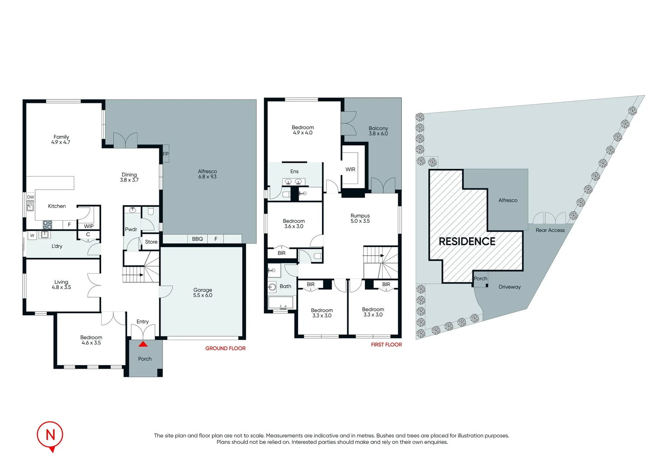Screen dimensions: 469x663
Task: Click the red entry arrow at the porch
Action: [143, 344]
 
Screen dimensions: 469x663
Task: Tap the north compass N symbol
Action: [50, 435]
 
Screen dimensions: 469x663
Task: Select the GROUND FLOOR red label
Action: [225, 348]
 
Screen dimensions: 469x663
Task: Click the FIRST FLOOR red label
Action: [386, 344]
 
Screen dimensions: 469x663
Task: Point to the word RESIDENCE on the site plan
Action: [467, 241]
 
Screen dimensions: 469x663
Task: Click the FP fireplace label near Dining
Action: [166, 154]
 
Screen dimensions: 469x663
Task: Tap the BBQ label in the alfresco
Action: [197, 239]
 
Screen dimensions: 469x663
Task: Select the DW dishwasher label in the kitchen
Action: [30, 197]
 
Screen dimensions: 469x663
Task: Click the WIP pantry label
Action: [89, 226]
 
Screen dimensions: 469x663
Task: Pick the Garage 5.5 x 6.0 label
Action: [203, 293]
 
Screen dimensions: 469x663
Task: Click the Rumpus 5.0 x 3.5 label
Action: [360, 218]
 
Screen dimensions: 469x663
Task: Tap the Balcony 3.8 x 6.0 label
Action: [378, 131]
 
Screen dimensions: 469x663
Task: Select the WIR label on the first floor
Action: [350, 169]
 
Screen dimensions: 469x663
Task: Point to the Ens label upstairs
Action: [294, 172]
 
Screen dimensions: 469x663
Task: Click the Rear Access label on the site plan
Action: [550, 230]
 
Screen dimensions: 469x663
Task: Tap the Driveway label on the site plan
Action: [509, 287]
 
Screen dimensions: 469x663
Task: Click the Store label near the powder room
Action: [151, 242]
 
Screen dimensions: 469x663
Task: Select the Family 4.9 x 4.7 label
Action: [61, 139]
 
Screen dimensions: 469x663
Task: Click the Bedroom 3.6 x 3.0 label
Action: [294, 224]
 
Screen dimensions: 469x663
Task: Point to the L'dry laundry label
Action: [57, 246]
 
